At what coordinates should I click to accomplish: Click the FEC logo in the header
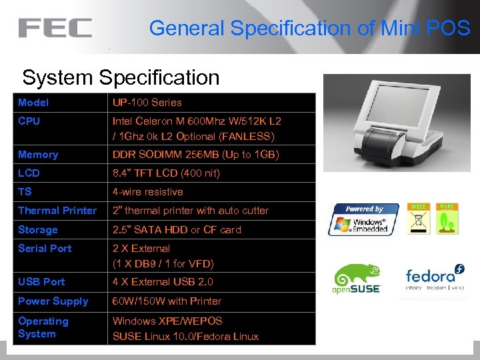coord(55,28)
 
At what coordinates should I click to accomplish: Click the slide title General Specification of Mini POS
coord(309,28)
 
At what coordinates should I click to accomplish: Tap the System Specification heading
coord(121,77)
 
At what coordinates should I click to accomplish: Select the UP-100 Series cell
coord(147,103)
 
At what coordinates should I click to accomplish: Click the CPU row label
coord(29,121)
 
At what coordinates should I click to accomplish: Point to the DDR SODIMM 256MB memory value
coord(195,155)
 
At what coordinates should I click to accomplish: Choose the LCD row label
coord(29,173)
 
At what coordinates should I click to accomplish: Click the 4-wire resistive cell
coord(147,192)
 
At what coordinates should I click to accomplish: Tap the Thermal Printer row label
coord(57,211)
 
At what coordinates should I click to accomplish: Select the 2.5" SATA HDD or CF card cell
coord(177,230)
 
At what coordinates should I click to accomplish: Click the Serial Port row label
coord(45,249)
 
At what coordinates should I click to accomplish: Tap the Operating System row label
coord(43,327)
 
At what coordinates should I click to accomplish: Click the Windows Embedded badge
coord(363,219)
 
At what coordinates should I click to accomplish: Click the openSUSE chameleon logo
coord(357,279)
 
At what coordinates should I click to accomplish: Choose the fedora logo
coord(435,279)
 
